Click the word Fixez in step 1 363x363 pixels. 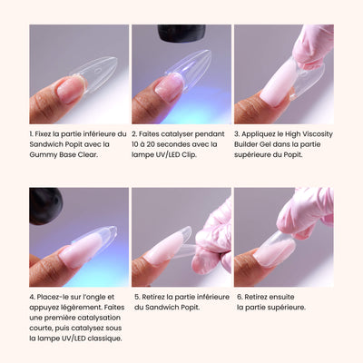pyautogui.click(x=42, y=134)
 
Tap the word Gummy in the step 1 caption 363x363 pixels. pyautogui.click(x=40, y=155)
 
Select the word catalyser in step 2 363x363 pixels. pyautogui.click(x=177, y=134)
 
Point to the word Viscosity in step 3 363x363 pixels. pyautogui.click(x=318, y=134)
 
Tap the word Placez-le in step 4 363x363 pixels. pyautogui.click(x=51, y=297)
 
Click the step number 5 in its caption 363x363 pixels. pyautogui.click(x=137, y=298)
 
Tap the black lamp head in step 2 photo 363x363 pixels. pyautogui.click(x=181, y=33)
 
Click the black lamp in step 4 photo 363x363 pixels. pyautogui.click(x=45, y=206)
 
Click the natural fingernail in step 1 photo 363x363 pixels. pyautogui.click(x=71, y=89)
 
